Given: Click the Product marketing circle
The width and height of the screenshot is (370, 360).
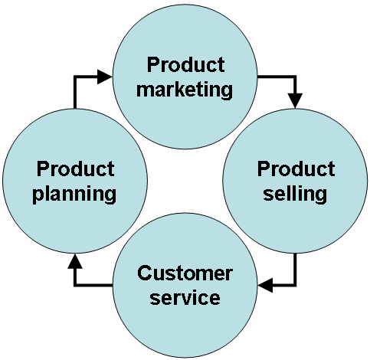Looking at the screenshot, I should [185, 77].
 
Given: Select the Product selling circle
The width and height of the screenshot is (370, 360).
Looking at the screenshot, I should [295, 181].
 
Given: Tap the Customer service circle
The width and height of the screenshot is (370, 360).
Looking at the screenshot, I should [185, 285].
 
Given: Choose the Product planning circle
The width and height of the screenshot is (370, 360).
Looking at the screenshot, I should [75, 181].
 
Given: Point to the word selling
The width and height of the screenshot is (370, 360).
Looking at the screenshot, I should [296, 193].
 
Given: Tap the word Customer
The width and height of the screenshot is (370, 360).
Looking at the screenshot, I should [185, 273].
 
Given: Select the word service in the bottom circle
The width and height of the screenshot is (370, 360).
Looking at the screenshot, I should [185, 297].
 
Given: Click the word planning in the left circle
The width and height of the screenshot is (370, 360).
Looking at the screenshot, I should [76, 193].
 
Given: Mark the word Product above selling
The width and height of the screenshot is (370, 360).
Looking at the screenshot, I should [296, 169].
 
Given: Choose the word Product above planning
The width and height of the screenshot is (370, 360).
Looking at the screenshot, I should [76, 169].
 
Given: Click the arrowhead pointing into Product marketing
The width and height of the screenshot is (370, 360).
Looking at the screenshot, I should [105, 77].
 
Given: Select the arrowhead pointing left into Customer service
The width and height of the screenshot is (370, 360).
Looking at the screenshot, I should [265, 285].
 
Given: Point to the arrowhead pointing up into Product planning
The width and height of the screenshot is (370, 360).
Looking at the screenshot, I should [74, 262].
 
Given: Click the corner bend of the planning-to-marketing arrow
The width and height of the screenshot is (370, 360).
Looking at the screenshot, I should [75, 77].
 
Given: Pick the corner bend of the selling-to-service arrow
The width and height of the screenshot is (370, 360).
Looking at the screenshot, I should [295, 285].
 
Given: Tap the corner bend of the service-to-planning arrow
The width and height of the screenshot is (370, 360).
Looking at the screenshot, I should [75, 285].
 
